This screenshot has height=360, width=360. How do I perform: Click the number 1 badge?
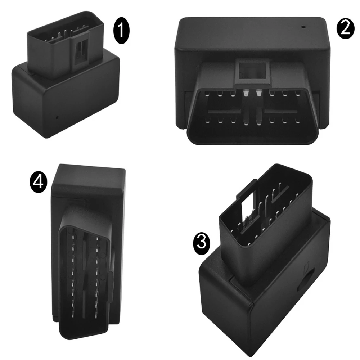[x=121, y=31]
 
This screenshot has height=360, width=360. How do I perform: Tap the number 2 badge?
[x=345, y=28]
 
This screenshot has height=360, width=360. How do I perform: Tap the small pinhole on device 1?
[x=57, y=117]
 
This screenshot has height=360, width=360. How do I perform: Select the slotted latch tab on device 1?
[x=81, y=51]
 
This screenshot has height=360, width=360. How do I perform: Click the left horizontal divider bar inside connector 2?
[x=225, y=112]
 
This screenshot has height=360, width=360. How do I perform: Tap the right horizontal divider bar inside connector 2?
[x=281, y=112]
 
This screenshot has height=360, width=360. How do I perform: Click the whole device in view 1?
[x=66, y=75]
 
